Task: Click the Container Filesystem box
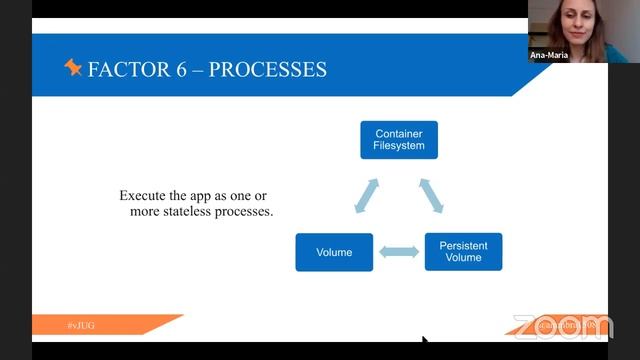[399, 139]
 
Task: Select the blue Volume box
[334, 252]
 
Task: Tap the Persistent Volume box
[463, 251]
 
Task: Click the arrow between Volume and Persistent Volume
[399, 253]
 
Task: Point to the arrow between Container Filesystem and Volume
[366, 196]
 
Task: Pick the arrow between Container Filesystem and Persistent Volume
[431, 195]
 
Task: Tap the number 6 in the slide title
[174, 70]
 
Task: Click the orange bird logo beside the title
[73, 68]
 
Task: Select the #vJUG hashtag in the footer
[81, 327]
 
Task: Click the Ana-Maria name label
[549, 55]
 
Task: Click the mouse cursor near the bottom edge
[425, 342]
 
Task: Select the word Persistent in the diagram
[463, 244]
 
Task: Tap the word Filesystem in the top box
[399, 146]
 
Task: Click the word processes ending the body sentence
[246, 212]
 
